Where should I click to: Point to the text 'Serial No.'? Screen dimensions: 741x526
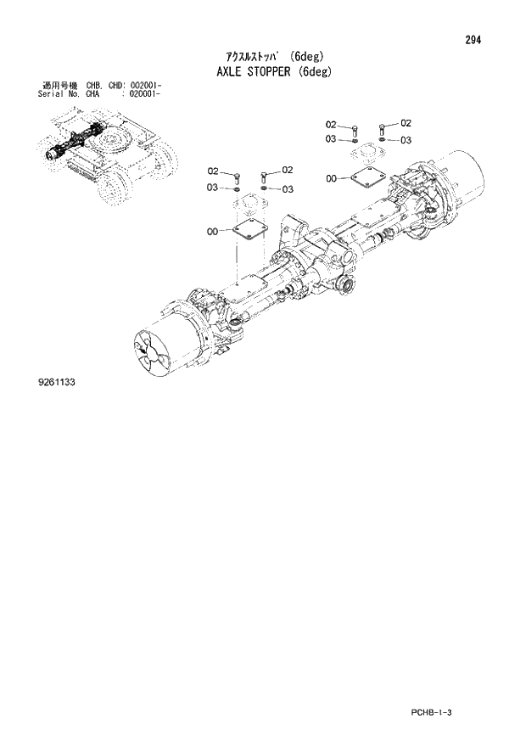(59, 94)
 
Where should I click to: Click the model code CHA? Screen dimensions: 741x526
(93, 94)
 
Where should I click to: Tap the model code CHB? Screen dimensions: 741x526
(93, 86)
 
